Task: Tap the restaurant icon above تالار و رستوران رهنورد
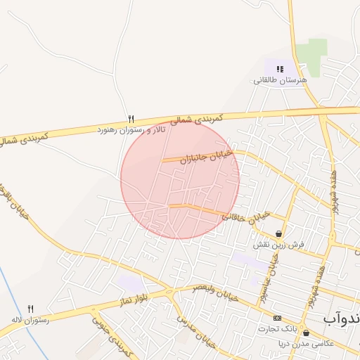[x=131, y=119]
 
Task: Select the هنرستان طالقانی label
[x=281, y=81]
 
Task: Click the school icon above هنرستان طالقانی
[x=280, y=69]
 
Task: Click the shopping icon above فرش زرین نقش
[x=280, y=233]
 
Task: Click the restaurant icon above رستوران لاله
[x=30, y=309]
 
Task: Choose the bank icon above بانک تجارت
[x=276, y=318]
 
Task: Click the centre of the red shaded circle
[x=180, y=180]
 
